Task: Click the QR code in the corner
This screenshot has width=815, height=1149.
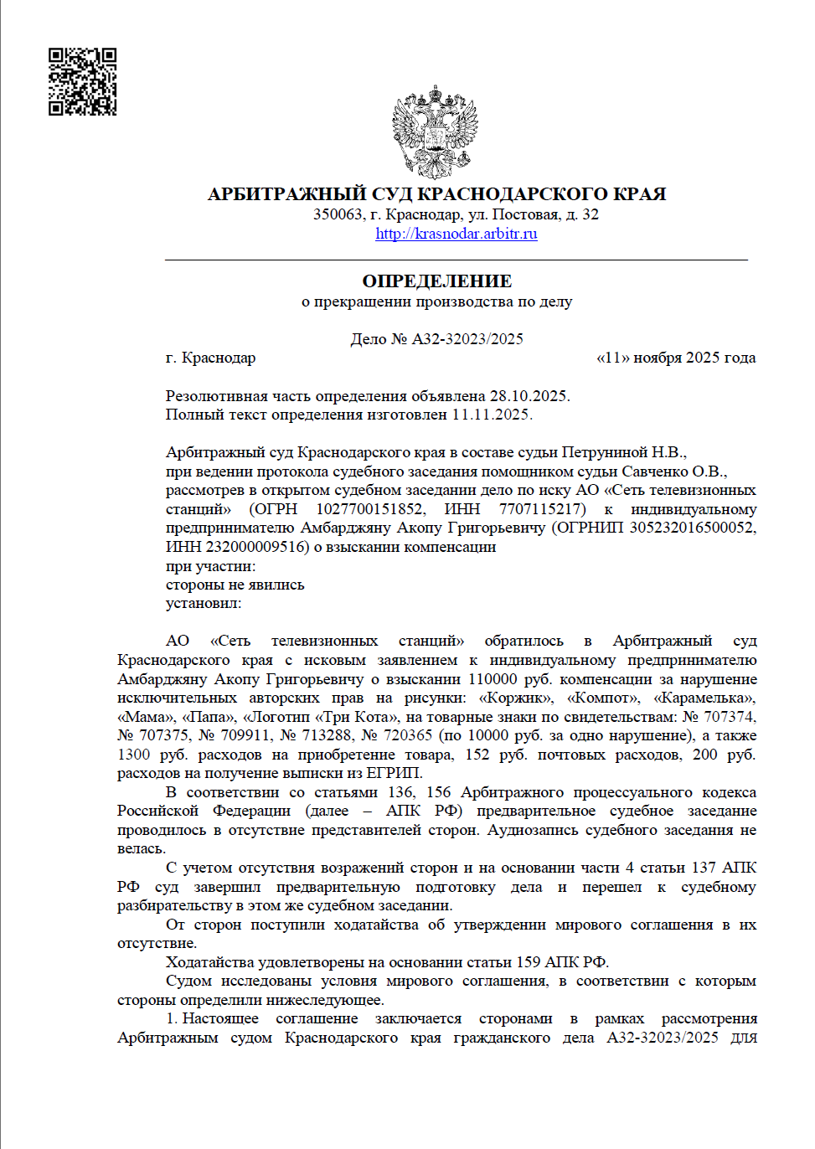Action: tap(82, 81)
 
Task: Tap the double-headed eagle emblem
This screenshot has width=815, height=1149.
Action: tap(435, 131)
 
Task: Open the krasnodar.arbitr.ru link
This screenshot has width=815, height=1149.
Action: tap(456, 234)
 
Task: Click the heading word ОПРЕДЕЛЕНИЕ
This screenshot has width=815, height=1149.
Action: tap(436, 281)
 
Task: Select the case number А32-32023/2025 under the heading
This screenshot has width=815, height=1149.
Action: tap(467, 339)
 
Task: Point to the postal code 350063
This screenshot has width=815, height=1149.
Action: tap(338, 214)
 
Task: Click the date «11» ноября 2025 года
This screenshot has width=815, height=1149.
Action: tap(675, 358)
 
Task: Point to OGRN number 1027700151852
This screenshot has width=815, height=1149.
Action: tap(370, 509)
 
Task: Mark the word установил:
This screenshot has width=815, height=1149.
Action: tap(204, 603)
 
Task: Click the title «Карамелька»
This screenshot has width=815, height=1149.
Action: tap(704, 698)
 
